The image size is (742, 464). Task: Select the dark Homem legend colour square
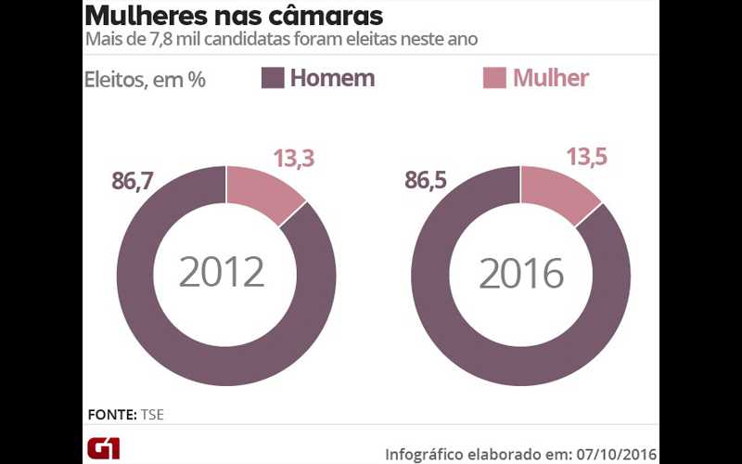pos(273,78)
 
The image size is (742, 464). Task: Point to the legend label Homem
pos(332,78)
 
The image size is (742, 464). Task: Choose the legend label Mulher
pos(551,78)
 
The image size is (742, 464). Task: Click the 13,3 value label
pos(293,159)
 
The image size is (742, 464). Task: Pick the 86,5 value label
pos(426,180)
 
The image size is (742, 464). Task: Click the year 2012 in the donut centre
pos(223,273)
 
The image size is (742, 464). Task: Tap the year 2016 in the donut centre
pos(521,273)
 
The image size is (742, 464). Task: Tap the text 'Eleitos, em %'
pos(145,80)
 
